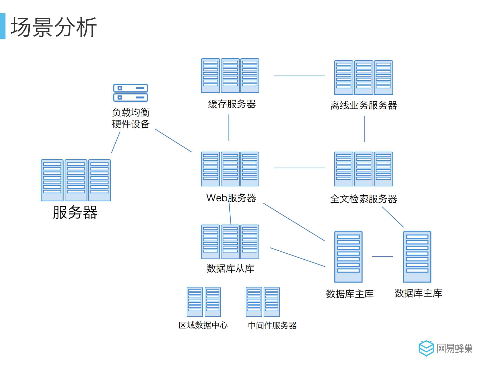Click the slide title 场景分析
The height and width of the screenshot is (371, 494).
(x=54, y=27)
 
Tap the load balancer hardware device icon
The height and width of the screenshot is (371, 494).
(x=131, y=93)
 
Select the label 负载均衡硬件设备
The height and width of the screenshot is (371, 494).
(x=131, y=118)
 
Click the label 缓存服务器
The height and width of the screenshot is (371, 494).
(x=232, y=104)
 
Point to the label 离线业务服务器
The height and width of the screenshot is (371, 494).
(x=363, y=105)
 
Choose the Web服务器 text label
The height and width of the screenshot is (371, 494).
(x=231, y=198)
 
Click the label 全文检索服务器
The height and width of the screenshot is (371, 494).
(x=363, y=199)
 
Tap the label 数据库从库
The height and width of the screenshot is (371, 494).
(x=230, y=268)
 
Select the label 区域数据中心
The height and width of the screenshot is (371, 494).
(x=203, y=325)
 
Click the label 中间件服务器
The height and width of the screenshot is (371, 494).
(x=272, y=325)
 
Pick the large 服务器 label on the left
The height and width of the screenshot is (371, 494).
(x=75, y=212)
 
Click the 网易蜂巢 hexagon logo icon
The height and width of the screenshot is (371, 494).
(x=426, y=348)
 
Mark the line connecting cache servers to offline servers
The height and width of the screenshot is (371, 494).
(x=299, y=76)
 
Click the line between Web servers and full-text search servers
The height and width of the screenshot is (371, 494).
(x=299, y=168)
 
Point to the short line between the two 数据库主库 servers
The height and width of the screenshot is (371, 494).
(x=383, y=257)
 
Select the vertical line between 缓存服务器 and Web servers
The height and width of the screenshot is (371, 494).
(x=229, y=128)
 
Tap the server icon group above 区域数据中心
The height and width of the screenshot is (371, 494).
(x=204, y=302)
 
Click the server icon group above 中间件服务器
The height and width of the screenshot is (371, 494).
(x=263, y=302)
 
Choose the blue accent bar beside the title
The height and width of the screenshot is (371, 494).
(x=3, y=26)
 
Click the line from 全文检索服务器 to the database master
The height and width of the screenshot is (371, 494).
(x=393, y=217)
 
